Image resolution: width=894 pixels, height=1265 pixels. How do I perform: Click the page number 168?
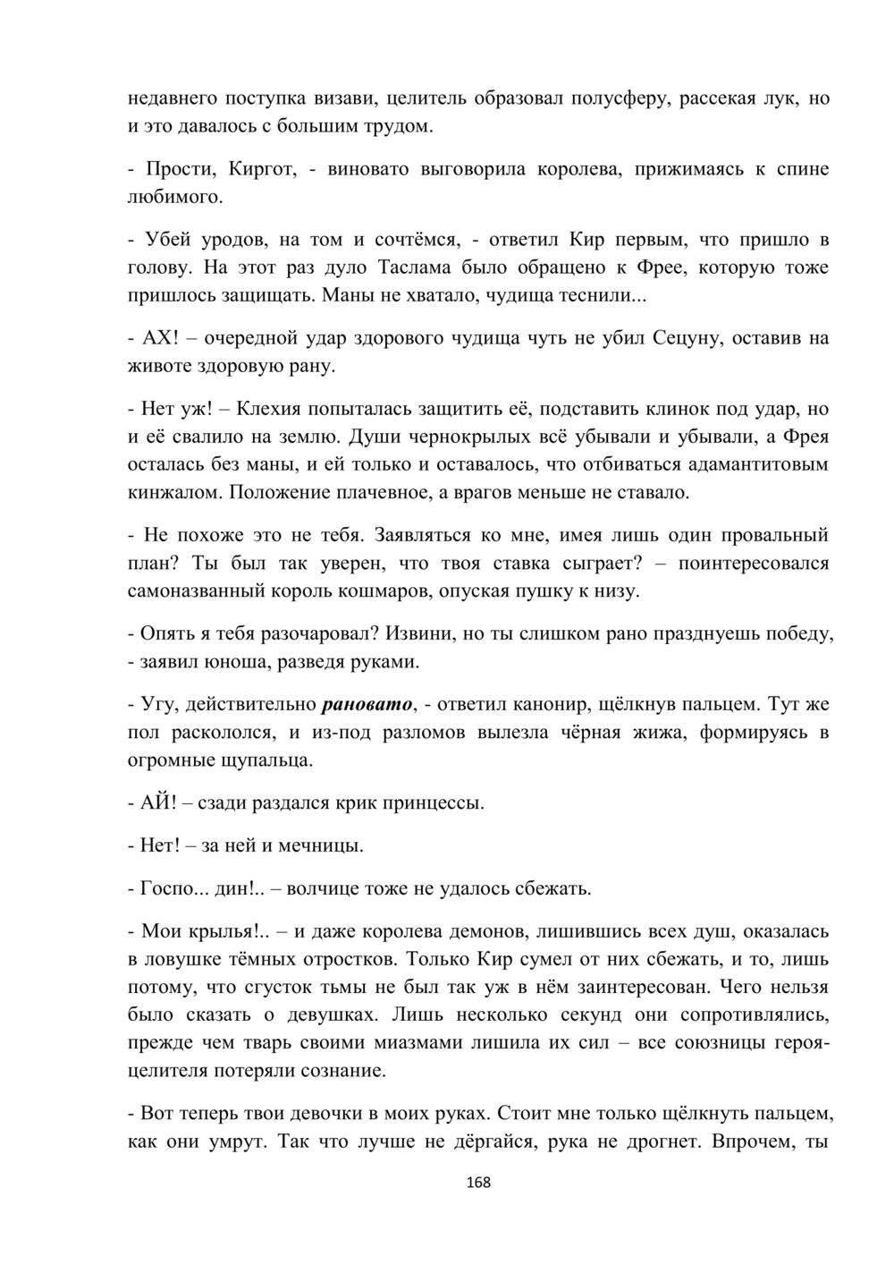(478, 1182)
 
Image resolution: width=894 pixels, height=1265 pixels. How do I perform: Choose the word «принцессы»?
(433, 803)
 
